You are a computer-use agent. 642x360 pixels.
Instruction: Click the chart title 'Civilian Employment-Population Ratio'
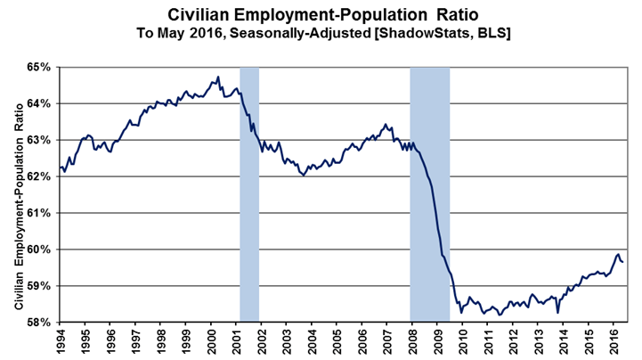click(320, 14)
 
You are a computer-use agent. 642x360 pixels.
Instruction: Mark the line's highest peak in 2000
click(219, 78)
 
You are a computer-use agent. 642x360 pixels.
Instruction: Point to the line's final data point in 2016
click(622, 262)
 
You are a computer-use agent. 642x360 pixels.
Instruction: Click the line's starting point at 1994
click(60, 168)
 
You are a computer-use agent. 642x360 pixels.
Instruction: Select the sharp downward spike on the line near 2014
click(557, 312)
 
